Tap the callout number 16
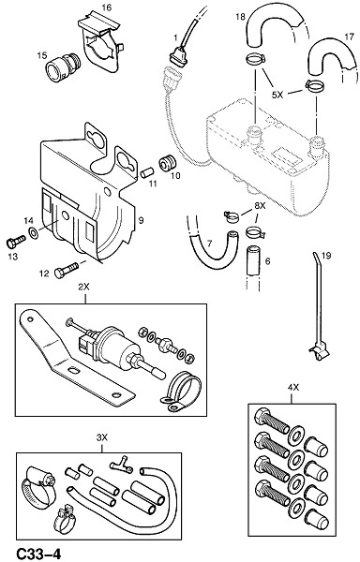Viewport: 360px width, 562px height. point(107,7)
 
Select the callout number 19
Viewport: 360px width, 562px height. point(326,256)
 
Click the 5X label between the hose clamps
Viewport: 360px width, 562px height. point(277,95)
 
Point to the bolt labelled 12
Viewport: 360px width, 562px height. point(67,271)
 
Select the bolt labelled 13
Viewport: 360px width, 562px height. point(16,242)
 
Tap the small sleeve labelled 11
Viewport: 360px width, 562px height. point(146,172)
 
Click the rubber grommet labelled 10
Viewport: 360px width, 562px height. point(168,163)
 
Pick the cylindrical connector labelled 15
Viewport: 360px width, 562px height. point(63,67)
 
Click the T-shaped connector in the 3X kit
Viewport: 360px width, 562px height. point(121,465)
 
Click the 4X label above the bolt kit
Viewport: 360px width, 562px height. point(292,387)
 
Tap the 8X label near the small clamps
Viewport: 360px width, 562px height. point(260,206)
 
